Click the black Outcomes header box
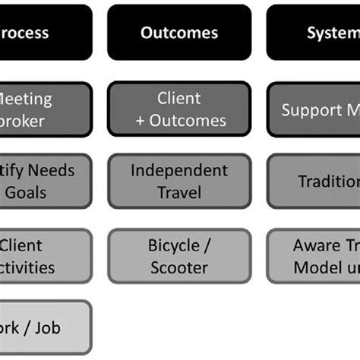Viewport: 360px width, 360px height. point(178,33)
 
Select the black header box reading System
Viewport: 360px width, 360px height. point(313,33)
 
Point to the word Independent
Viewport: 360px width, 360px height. point(178,170)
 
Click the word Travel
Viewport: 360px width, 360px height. point(178,191)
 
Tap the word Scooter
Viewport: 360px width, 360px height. point(178,267)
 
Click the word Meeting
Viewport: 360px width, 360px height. point(27,99)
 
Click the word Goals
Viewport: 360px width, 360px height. point(26,191)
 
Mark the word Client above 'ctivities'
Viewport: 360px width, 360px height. point(21,246)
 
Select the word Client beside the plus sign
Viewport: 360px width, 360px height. point(178,99)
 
